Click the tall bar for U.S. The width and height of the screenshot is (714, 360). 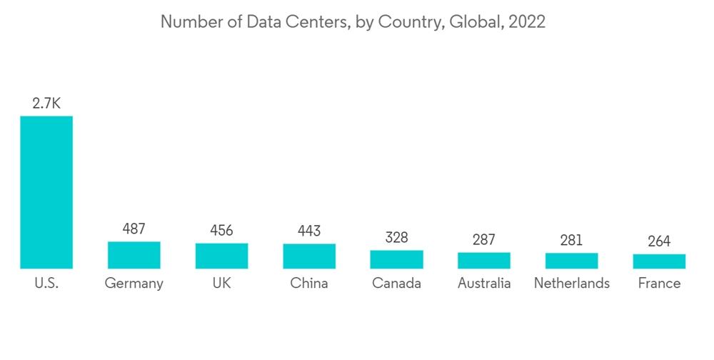(x=46, y=192)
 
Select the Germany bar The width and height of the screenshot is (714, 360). (x=134, y=255)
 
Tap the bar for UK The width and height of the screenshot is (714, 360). (x=221, y=256)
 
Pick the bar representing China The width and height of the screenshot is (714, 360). (x=309, y=256)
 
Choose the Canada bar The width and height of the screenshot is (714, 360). (x=396, y=259)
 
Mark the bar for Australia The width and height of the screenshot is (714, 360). (x=484, y=261)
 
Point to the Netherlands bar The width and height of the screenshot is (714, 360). (x=571, y=261)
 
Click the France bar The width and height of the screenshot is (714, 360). (x=659, y=261)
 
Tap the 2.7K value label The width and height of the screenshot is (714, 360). (x=46, y=104)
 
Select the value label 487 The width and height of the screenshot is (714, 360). (x=134, y=229)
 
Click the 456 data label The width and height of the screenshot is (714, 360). (x=221, y=231)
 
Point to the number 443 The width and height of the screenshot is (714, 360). (x=309, y=231)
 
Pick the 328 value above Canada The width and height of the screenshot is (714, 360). (x=396, y=237)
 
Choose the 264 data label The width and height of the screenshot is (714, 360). (x=659, y=241)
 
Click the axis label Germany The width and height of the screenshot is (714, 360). (x=134, y=284)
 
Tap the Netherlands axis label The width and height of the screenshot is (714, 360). (x=571, y=283)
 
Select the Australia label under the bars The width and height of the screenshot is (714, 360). (x=484, y=283)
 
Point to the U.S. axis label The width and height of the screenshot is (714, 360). (x=46, y=283)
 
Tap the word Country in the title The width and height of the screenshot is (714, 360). (x=409, y=22)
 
